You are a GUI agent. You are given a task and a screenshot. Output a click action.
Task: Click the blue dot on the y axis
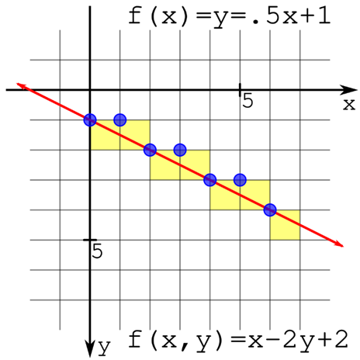coord(90,120)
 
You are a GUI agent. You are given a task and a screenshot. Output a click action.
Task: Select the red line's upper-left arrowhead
coord(21,85)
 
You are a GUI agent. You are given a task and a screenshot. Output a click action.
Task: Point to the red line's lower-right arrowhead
coord(339,244)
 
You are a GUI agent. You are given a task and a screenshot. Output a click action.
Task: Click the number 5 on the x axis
coord(247,101)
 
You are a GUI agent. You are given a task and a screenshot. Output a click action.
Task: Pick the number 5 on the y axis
coord(97,251)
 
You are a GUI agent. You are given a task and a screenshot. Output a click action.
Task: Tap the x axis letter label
coord(349,105)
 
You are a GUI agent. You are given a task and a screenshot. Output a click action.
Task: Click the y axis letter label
coord(105,348)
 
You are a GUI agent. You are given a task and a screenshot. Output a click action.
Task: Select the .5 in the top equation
coord(266,16)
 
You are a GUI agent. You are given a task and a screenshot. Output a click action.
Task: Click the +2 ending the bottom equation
coord(334,339)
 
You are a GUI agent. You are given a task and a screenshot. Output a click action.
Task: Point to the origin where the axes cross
coord(90,90)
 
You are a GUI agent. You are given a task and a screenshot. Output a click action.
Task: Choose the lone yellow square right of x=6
coord(285,225)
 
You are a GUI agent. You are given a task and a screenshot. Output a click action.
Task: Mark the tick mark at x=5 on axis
coord(240,90)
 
